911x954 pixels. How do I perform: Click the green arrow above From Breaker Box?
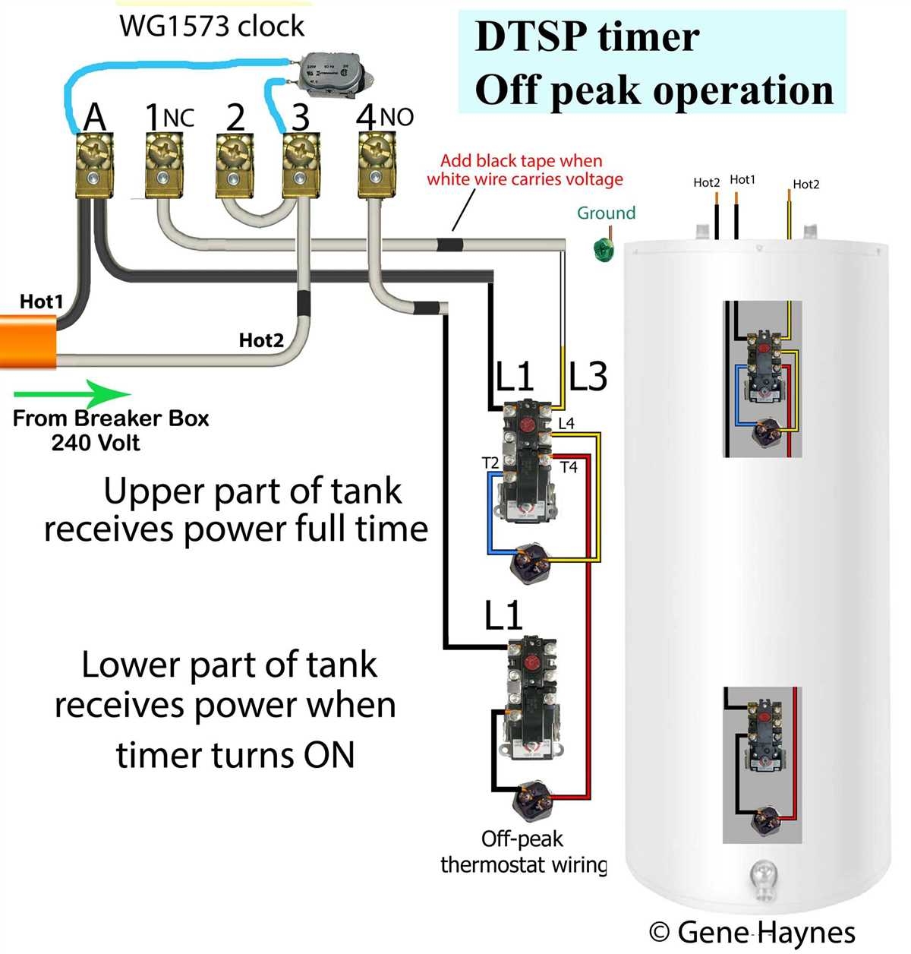[x=72, y=394]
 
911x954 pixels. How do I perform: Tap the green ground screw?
[x=604, y=250]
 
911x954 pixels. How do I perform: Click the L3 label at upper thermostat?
[x=588, y=376]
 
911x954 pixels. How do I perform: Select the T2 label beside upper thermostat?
[x=490, y=463]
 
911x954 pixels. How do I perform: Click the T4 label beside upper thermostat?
[x=569, y=467]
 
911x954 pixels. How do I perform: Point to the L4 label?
[x=566, y=423]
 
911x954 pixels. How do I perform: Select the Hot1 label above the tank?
[x=742, y=180]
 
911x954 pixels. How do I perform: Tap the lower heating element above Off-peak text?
[x=532, y=798]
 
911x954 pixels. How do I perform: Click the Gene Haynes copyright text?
[x=752, y=932]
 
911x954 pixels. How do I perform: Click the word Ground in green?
[x=606, y=213]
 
